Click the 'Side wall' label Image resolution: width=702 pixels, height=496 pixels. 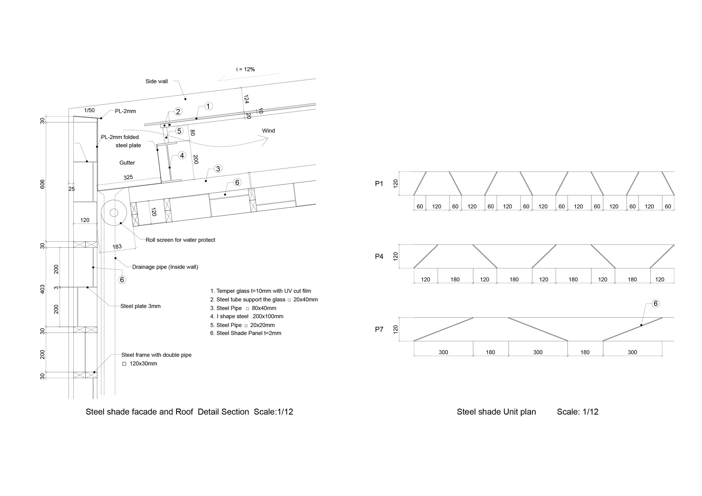click(x=157, y=81)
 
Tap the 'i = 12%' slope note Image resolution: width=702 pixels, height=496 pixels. click(x=245, y=69)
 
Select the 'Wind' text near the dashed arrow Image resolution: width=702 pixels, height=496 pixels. click(x=269, y=131)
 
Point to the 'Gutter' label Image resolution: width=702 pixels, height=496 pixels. click(x=127, y=163)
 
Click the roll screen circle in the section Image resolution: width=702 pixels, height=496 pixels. click(x=114, y=213)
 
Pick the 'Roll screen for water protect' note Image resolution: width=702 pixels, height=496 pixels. click(x=180, y=240)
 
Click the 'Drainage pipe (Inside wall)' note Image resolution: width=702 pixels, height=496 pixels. click(x=165, y=267)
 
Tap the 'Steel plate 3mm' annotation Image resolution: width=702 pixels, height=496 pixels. click(x=140, y=306)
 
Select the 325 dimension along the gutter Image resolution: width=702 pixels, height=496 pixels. click(x=128, y=177)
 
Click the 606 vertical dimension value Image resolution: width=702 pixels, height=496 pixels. click(x=42, y=185)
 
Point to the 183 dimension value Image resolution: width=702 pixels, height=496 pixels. click(x=117, y=247)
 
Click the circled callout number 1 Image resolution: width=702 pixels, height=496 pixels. click(x=208, y=106)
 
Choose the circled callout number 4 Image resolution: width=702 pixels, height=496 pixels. click(x=182, y=155)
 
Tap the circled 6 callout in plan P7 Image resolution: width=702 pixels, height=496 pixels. click(x=656, y=304)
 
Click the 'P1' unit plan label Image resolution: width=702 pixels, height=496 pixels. click(x=379, y=184)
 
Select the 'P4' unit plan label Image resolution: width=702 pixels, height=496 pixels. click(x=379, y=256)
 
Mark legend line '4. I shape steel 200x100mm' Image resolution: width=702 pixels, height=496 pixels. click(x=247, y=316)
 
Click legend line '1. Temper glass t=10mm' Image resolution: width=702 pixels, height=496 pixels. click(x=260, y=291)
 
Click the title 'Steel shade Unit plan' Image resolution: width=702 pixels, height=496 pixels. click(x=496, y=412)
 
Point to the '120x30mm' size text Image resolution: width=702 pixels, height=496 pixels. click(x=143, y=364)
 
